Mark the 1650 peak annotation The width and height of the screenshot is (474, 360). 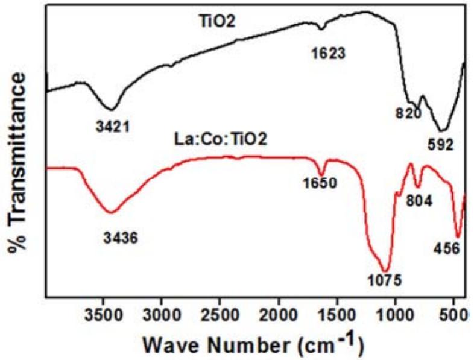[x=320, y=183]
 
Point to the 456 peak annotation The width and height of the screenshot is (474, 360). [x=447, y=248]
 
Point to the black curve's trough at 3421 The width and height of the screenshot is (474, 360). [x=111, y=109]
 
